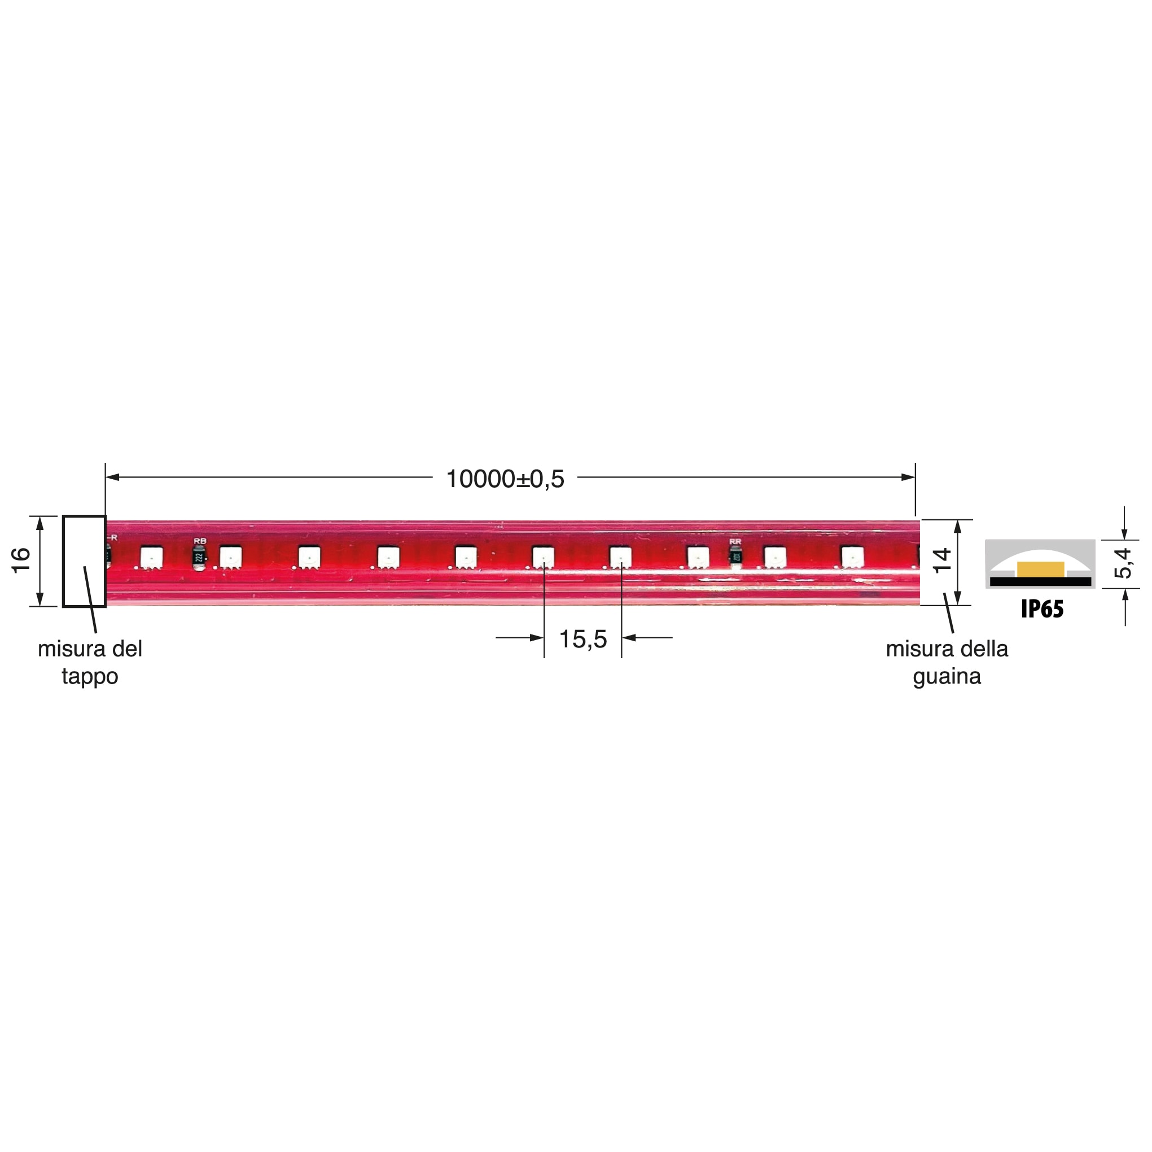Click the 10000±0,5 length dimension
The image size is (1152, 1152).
pyautogui.click(x=505, y=479)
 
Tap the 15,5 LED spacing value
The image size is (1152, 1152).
pyautogui.click(x=582, y=639)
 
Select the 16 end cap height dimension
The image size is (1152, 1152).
pyautogui.click(x=21, y=560)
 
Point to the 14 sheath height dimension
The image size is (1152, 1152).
pyautogui.click(x=941, y=560)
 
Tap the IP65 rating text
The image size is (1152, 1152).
pyautogui.click(x=1042, y=609)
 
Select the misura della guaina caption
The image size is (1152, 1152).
pyautogui.click(x=947, y=662)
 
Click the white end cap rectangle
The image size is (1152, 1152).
pyautogui.click(x=84, y=561)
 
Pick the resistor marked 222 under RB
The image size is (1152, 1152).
pyautogui.click(x=199, y=558)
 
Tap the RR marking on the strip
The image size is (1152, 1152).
pyautogui.click(x=735, y=541)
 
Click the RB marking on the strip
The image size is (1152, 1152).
pyautogui.click(x=200, y=541)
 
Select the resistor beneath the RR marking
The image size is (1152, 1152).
pyautogui.click(x=737, y=557)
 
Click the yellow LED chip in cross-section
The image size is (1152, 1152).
pyautogui.click(x=1040, y=569)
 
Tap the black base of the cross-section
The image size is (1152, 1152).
pyautogui.click(x=1040, y=581)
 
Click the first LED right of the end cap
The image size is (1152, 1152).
pyautogui.click(x=151, y=558)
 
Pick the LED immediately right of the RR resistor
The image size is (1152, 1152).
pyautogui.click(x=775, y=557)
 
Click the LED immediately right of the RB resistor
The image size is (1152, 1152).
pyautogui.click(x=230, y=558)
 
